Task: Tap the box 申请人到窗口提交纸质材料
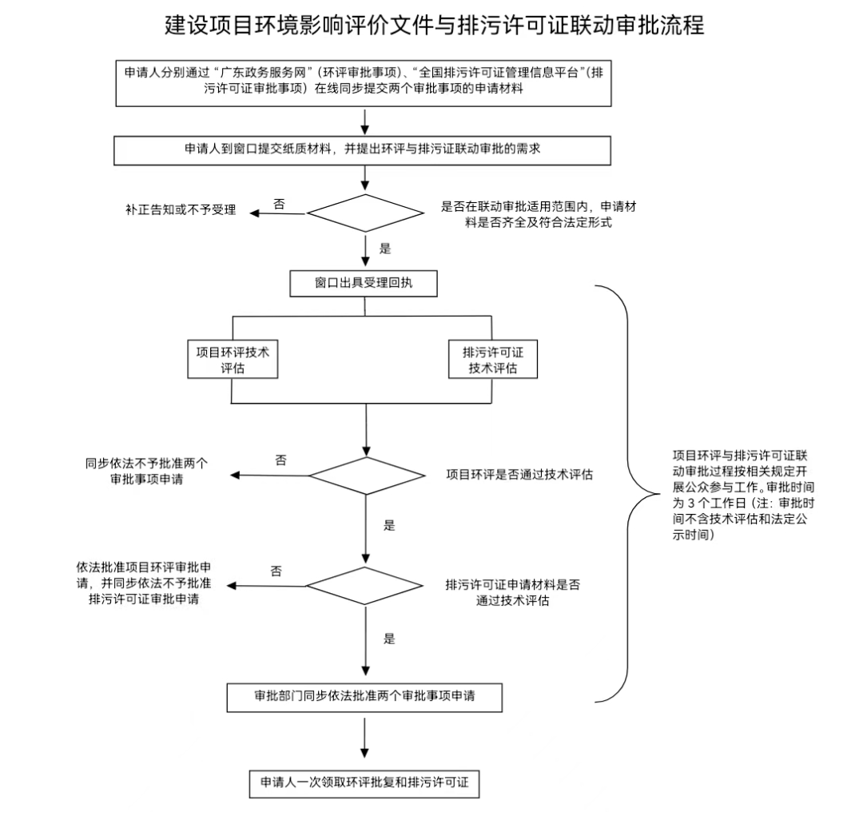point(364,149)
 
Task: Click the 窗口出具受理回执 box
point(364,283)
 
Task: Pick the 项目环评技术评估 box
point(233,360)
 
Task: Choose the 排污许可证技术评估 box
point(493,360)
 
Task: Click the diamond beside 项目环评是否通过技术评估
point(367,476)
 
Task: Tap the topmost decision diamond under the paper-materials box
point(366,213)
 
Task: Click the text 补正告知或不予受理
point(181,211)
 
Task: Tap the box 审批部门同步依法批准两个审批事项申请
point(364,696)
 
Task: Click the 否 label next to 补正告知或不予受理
point(279,204)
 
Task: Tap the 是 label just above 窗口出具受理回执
point(385,249)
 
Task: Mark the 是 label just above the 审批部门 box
point(389,639)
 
